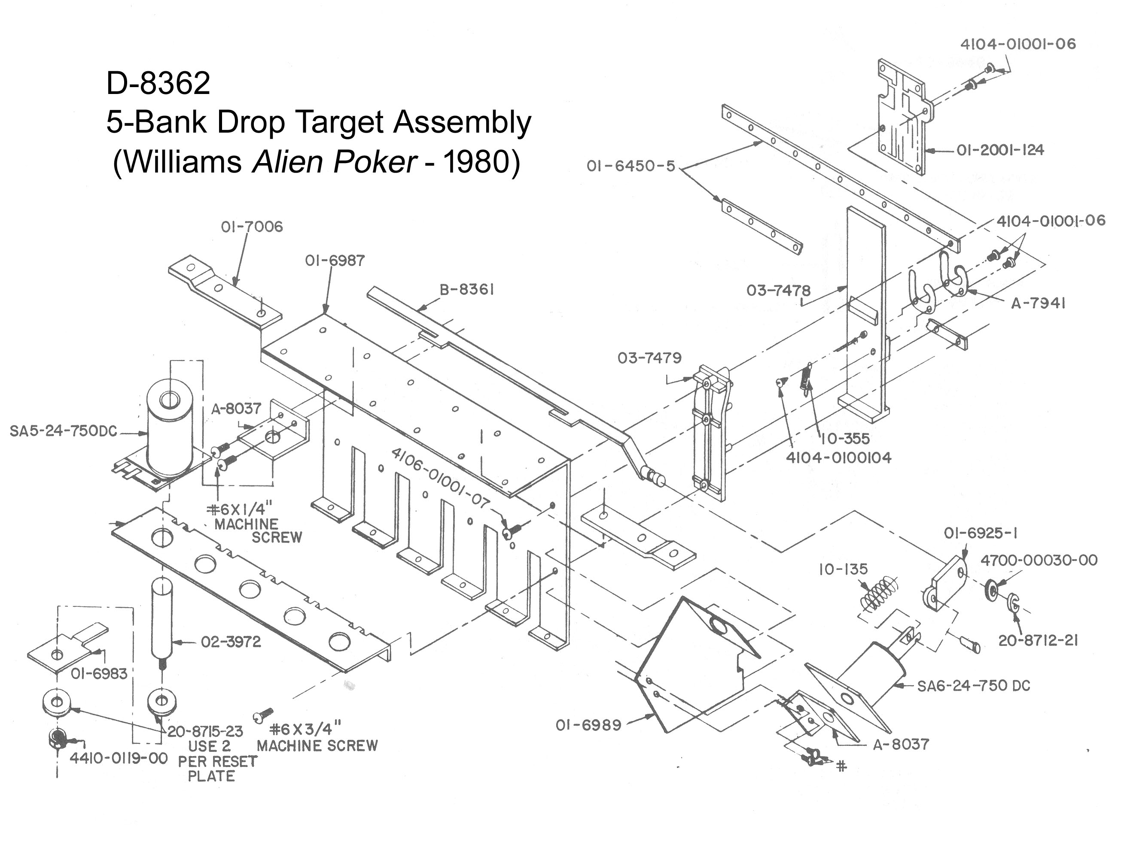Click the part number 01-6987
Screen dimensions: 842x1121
335,261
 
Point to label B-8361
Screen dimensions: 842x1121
466,290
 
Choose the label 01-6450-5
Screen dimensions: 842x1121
631,166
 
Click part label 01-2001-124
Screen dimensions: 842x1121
1000,150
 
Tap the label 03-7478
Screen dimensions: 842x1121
778,291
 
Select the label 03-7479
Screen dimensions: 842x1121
649,358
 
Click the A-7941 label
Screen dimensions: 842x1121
1039,303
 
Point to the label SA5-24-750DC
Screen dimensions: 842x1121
63,431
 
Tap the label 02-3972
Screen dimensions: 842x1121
231,642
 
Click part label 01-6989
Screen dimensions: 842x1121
588,726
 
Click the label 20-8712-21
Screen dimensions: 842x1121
1038,640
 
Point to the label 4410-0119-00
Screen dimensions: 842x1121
118,758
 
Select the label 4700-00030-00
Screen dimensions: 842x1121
1039,560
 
